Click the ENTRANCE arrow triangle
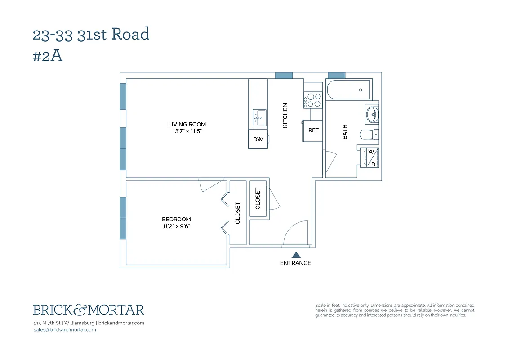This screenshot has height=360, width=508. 296,255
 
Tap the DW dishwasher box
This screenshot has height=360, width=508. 258,139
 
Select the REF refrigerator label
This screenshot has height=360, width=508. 313,130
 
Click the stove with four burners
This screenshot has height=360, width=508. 313,100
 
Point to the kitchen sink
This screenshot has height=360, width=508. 259,117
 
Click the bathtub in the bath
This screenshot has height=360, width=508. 348,90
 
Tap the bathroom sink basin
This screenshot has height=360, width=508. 372,114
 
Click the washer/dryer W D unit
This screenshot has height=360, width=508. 371,157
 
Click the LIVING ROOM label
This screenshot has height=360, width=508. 187,124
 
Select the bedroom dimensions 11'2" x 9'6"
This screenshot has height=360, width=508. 176,226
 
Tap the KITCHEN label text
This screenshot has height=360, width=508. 285,116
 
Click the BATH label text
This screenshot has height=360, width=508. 345,132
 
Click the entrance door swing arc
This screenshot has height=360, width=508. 295,233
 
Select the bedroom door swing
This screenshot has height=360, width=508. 210,186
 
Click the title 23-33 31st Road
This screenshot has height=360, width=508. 91,34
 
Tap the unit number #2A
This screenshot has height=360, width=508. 47,56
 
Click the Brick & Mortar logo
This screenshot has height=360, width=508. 89,310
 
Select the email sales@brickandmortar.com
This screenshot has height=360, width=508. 65,330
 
